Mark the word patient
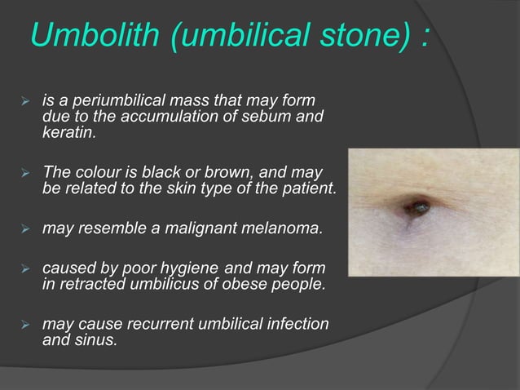(x=311, y=188)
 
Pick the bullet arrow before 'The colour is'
(x=24, y=174)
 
